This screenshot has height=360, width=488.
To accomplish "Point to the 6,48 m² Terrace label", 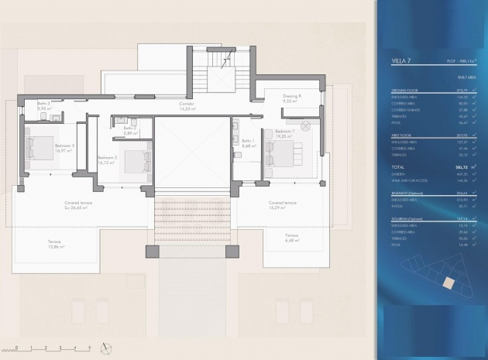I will pos(291,237).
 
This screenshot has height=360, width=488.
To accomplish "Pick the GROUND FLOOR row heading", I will pos(404,91).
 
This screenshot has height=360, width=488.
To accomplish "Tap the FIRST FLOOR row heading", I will pos(401,136).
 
